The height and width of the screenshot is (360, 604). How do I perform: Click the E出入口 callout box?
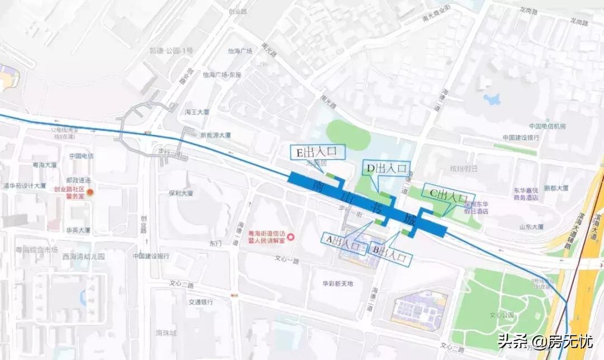point(317,151)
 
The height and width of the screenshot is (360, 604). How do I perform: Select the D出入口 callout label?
point(386,168)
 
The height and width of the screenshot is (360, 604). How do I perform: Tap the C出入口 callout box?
point(447,195)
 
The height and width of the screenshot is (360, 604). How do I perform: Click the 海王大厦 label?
point(197,112)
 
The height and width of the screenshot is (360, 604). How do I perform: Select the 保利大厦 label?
point(180,193)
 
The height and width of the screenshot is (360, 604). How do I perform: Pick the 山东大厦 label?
point(531,227)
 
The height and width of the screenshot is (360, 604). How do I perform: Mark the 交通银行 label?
point(200,302)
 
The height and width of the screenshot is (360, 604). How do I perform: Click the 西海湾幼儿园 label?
point(84,257)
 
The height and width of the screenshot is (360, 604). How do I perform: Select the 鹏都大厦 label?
point(556,189)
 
